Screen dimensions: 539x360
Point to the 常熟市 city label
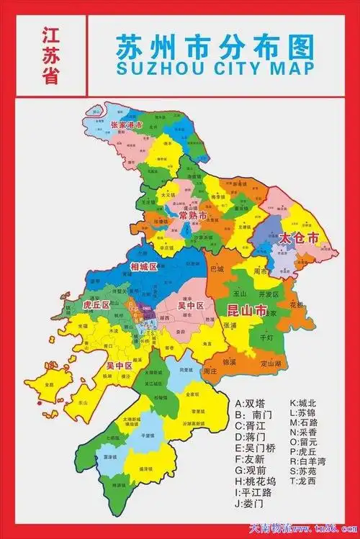(193, 216)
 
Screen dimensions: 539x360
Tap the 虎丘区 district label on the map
(96, 304)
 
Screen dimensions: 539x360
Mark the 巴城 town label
(217, 269)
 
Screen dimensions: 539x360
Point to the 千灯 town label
(266, 337)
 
